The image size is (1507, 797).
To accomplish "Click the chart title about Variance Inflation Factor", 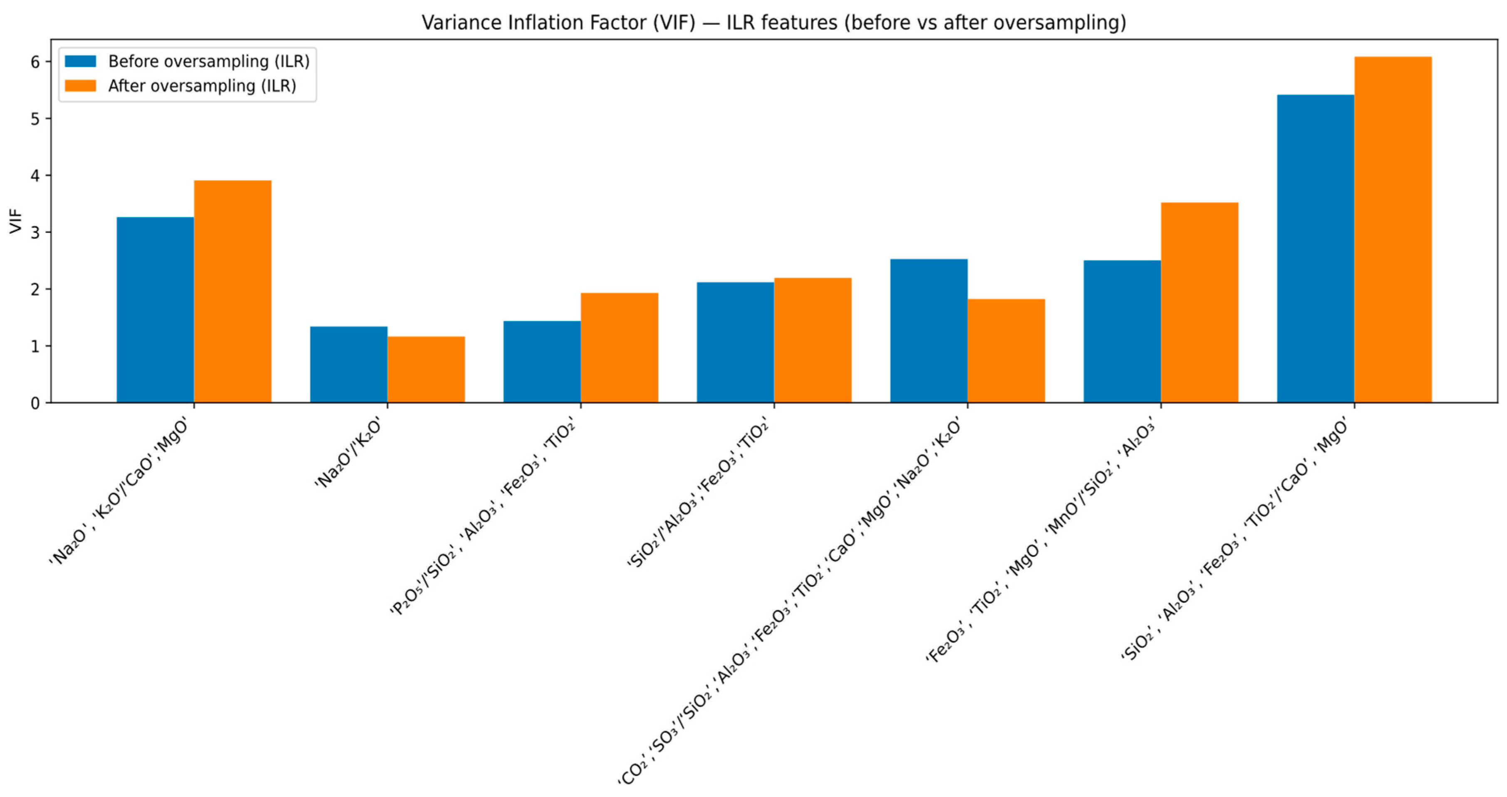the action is click(x=773, y=22).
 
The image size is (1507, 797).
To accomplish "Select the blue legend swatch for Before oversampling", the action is click(x=80, y=61).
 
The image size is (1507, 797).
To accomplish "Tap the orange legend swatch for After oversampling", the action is click(x=80, y=85).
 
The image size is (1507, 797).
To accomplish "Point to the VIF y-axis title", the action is click(x=16, y=221).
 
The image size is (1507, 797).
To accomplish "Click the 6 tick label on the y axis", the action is click(x=35, y=62).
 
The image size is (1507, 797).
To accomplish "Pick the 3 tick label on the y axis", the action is click(x=35, y=232).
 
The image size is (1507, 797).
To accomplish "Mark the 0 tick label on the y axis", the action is click(x=35, y=403).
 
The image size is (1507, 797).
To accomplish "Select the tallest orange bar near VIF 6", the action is click(x=1393, y=230).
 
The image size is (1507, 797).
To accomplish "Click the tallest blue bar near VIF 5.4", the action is click(x=1316, y=248).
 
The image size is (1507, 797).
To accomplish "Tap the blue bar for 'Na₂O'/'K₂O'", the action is click(x=349, y=364).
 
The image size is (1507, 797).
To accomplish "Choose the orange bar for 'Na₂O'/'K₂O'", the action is click(x=426, y=369).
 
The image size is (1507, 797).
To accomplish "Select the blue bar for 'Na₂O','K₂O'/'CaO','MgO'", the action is click(x=156, y=310).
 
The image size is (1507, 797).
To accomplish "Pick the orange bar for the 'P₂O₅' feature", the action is click(x=620, y=348).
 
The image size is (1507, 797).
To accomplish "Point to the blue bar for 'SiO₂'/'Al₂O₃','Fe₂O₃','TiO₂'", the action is click(x=735, y=343).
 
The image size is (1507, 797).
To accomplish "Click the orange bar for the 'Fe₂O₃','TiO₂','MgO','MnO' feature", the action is click(x=1199, y=303).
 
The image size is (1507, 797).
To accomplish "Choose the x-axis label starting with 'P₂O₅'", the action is click(x=483, y=517).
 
